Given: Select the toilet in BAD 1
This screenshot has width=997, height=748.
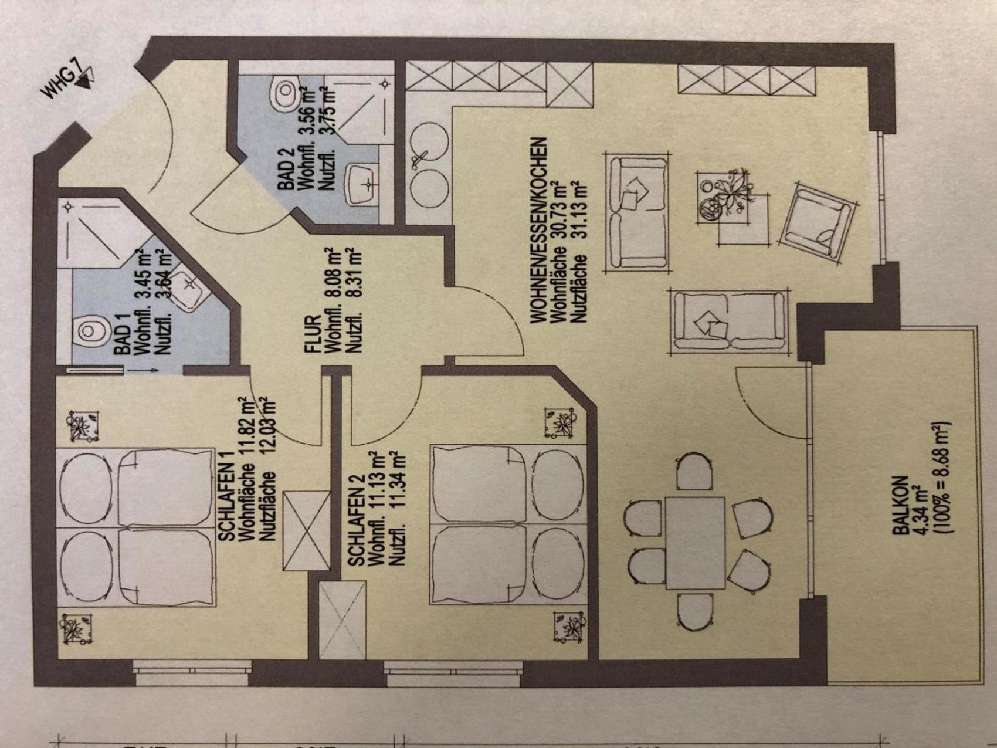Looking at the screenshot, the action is tap(91, 331).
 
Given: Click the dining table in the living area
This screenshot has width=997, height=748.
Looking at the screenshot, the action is tap(695, 543).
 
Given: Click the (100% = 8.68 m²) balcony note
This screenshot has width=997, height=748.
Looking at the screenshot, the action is tap(939, 478).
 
